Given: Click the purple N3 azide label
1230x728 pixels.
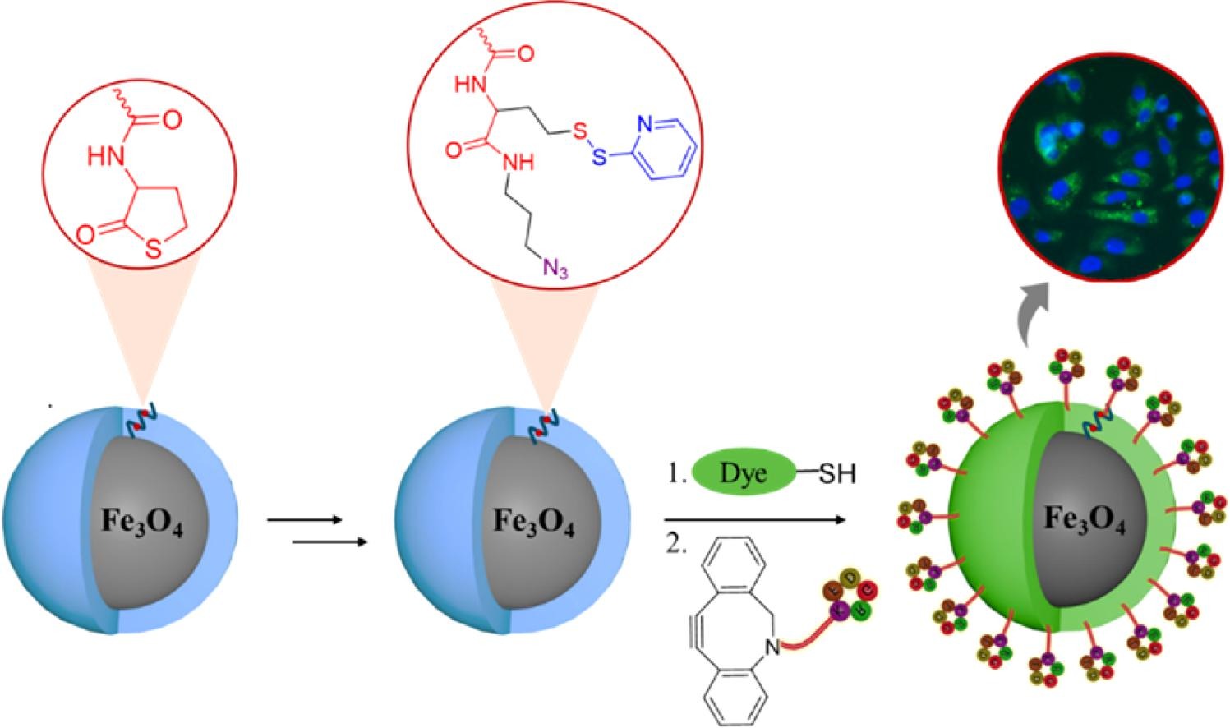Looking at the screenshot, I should pyautogui.click(x=553, y=267).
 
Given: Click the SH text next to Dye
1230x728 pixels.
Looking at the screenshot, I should pyautogui.click(x=837, y=474).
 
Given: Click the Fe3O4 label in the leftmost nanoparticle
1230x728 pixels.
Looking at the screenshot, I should pyautogui.click(x=141, y=523).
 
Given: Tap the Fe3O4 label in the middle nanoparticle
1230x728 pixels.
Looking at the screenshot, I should pyautogui.click(x=533, y=523).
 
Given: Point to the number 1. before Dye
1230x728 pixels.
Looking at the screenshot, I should pyautogui.click(x=676, y=474).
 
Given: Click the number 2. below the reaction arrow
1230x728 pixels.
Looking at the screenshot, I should pyautogui.click(x=675, y=545).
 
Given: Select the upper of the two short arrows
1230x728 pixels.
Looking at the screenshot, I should pyautogui.click(x=304, y=520).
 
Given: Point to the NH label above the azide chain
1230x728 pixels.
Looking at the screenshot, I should pyautogui.click(x=518, y=162).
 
